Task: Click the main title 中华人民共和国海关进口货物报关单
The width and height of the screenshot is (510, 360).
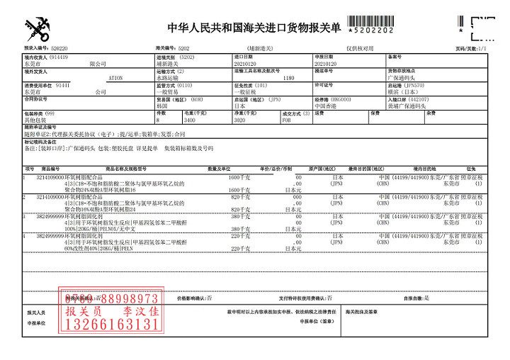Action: click(254, 28)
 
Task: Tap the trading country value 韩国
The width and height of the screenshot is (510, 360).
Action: click(162, 106)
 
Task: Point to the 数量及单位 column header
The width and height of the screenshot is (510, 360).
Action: click(220, 169)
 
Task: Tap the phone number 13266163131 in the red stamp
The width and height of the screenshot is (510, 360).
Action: click(112, 325)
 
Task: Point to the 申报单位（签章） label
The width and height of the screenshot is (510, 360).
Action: click(316, 322)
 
